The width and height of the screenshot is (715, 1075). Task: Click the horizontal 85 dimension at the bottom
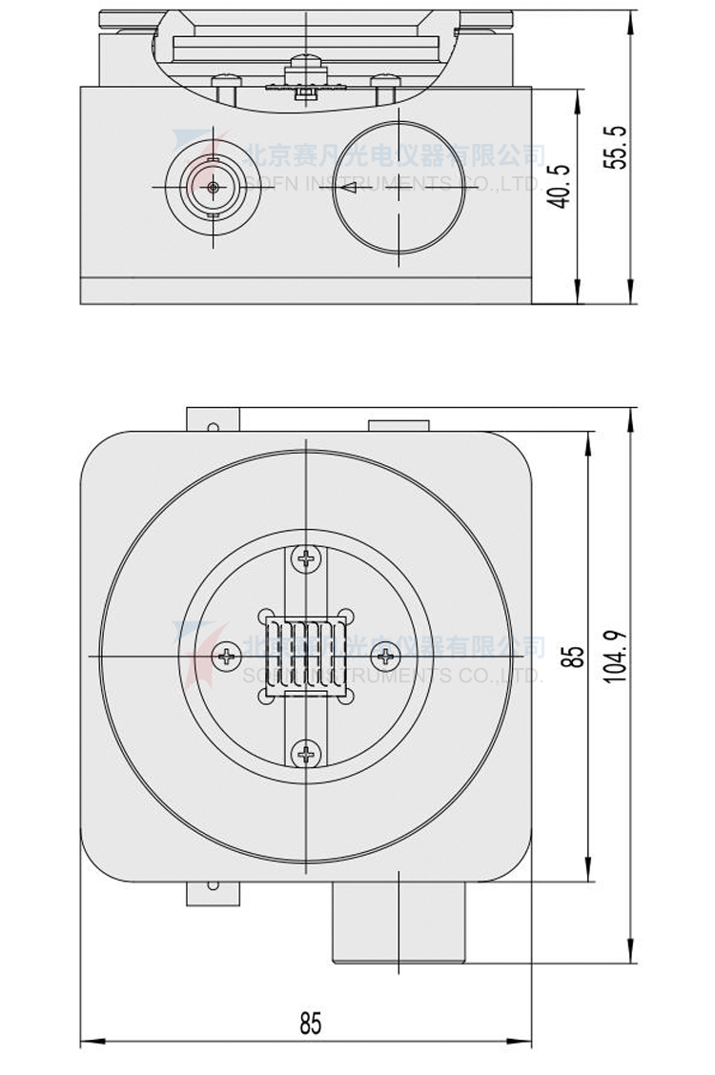click(x=311, y=1024)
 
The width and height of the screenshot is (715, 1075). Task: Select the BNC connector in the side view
click(x=212, y=187)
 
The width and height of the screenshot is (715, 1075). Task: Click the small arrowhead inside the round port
click(x=349, y=188)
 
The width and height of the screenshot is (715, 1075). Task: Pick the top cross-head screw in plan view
click(x=305, y=558)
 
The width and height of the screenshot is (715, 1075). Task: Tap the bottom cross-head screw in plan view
click(x=305, y=755)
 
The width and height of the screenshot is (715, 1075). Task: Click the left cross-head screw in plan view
click(x=227, y=656)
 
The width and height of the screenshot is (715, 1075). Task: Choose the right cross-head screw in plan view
click(x=385, y=656)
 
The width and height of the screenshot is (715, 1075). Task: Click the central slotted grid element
click(x=305, y=656)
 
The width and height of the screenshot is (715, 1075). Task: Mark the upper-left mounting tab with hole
click(x=213, y=420)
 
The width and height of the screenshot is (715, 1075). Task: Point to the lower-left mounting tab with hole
click(x=213, y=892)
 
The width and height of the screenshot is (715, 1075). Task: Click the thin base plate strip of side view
click(x=305, y=290)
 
